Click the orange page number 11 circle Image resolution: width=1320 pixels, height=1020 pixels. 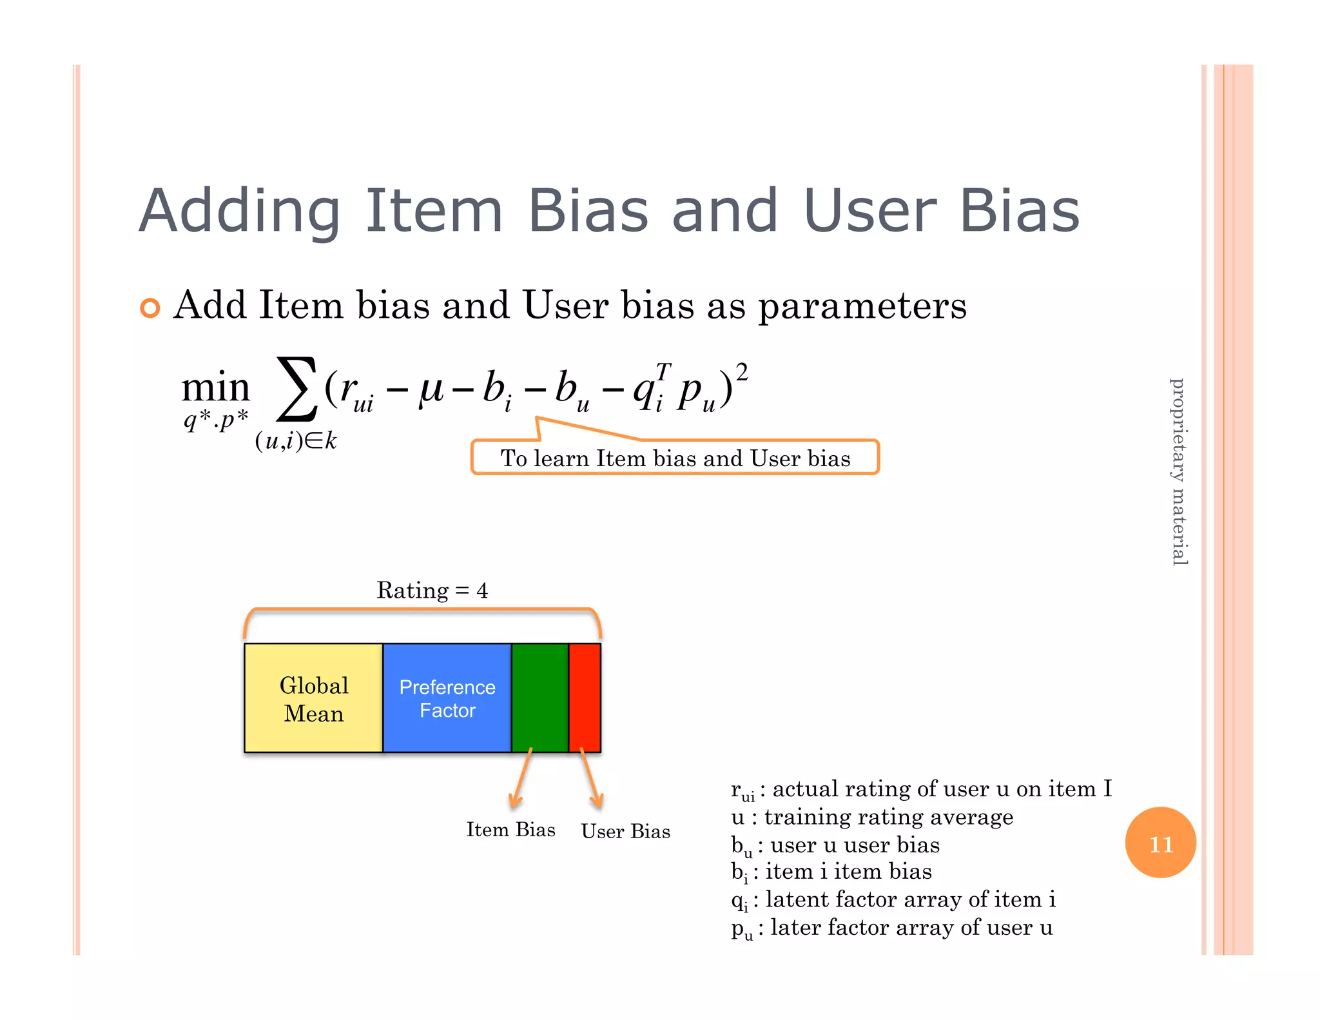coord(1160,842)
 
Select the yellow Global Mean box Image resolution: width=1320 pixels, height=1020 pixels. coord(313,698)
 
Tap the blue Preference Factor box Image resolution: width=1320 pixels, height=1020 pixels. coord(447,698)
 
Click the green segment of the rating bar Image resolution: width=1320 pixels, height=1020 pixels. coord(539,698)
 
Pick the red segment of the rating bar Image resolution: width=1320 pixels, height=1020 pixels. coord(585,698)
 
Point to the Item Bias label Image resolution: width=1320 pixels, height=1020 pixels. coord(510,829)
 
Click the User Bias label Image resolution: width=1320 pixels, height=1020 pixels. coord(625,831)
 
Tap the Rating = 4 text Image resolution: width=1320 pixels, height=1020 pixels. coord(432,590)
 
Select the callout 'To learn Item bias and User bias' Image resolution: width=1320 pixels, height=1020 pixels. coord(675,458)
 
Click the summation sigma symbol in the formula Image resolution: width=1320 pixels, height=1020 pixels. coord(296,388)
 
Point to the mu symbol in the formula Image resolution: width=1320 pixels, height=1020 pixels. coord(430,389)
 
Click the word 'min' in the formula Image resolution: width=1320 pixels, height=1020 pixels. coord(215,388)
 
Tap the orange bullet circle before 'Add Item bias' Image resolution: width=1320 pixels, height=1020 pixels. coord(150,308)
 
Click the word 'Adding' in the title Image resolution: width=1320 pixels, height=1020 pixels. coord(240,211)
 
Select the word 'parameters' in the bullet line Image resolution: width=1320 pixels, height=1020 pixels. coord(862,306)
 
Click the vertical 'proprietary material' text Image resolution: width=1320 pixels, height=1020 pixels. coord(1178,472)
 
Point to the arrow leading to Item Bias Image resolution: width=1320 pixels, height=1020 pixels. coord(521,779)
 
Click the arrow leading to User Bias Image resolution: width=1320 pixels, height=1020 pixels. coord(590,779)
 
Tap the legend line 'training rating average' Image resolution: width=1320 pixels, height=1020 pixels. coord(888,817)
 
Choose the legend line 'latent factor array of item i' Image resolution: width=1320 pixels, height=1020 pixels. coord(910,899)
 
